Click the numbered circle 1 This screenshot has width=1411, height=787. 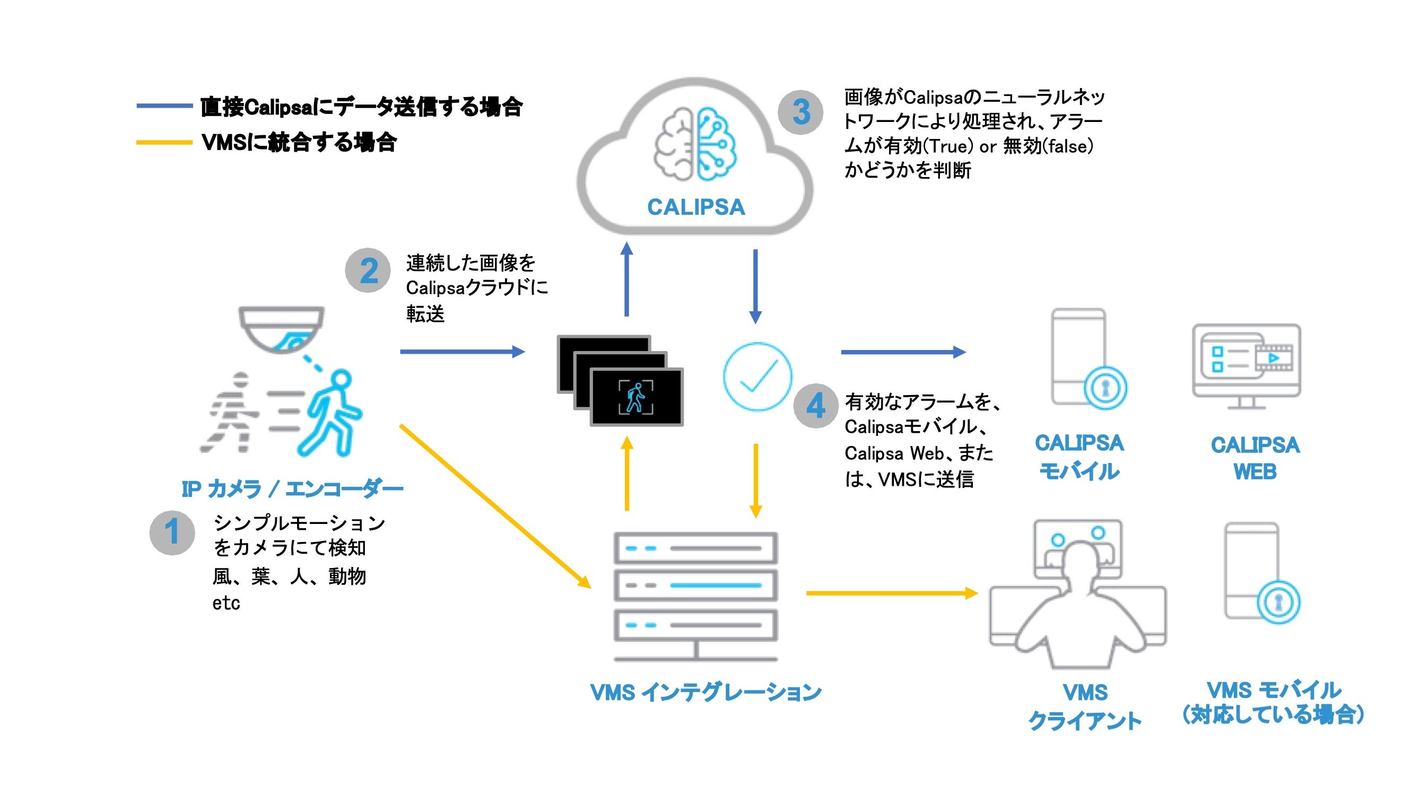[x=172, y=532]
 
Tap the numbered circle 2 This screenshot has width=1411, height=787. [x=368, y=270]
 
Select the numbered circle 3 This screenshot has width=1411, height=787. [x=800, y=112]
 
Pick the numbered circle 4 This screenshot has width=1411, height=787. [x=816, y=406]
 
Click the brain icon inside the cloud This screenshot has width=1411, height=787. [x=695, y=144]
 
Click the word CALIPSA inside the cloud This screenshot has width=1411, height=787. [x=695, y=207]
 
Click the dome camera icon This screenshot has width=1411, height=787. [x=282, y=329]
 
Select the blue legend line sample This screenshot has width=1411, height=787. [x=164, y=106]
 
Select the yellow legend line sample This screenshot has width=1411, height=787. [x=164, y=143]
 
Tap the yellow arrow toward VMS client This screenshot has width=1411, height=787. [x=891, y=592]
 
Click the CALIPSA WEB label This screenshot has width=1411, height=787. [x=1255, y=458]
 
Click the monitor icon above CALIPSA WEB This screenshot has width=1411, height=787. [x=1246, y=364]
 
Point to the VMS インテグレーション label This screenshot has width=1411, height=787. [x=705, y=692]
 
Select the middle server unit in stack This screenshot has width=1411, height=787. [x=695, y=585]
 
